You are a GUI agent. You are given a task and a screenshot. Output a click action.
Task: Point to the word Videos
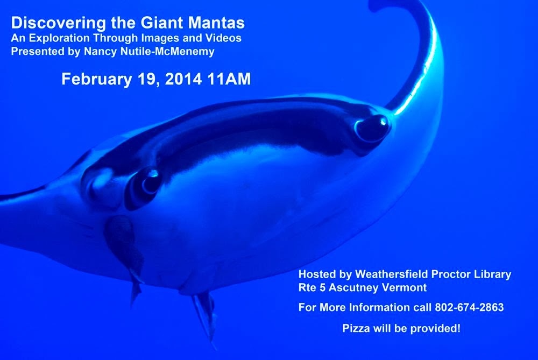tap(223, 38)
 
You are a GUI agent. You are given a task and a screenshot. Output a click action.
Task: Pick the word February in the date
tap(97, 79)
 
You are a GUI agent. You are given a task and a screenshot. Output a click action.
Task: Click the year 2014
tap(183, 79)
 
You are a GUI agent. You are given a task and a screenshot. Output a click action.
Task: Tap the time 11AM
tap(229, 79)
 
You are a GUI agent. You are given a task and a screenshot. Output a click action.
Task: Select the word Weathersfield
tap(391, 274)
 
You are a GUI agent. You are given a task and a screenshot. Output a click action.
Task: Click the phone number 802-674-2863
tap(469, 307)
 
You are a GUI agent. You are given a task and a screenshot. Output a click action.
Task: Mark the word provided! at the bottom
tap(435, 328)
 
